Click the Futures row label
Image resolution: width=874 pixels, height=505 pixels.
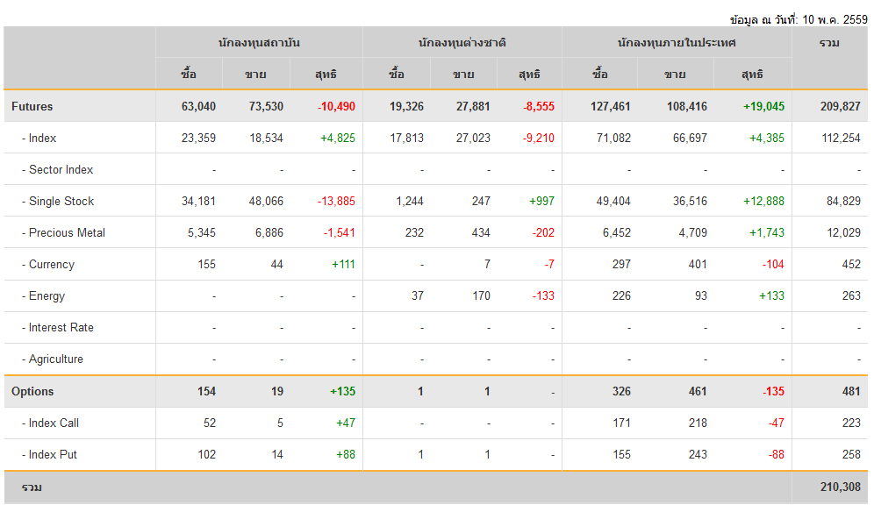pos(32,106)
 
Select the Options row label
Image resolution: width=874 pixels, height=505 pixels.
pos(32,391)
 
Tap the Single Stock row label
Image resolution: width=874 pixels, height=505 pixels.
pos(58,201)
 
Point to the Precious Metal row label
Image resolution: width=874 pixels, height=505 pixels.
pos(63,232)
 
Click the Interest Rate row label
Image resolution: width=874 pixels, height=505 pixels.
pos(58,327)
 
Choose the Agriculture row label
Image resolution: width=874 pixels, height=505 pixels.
pos(53,359)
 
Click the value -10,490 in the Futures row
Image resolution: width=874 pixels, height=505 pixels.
pos(336,106)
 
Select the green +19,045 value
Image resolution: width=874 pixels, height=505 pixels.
pos(763,106)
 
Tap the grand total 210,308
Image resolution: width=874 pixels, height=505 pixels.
pos(840,487)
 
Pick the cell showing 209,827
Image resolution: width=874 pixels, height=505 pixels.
pos(840,106)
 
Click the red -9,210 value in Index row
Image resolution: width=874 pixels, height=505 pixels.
pos(539,138)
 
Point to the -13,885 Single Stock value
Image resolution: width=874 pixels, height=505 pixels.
pos(336,201)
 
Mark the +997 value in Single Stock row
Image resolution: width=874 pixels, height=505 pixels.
pos(541,201)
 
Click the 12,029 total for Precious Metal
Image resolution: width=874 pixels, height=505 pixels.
pos(843,232)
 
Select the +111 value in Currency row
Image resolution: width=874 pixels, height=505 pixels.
pos(343,265)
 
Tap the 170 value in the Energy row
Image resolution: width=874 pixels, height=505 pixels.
pos(481,296)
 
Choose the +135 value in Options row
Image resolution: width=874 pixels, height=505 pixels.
pos(342,391)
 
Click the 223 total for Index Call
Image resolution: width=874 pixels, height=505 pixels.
pos(851,423)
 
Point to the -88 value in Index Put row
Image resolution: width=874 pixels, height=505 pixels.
pos(777,455)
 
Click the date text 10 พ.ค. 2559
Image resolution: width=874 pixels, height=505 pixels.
pos(835,19)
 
